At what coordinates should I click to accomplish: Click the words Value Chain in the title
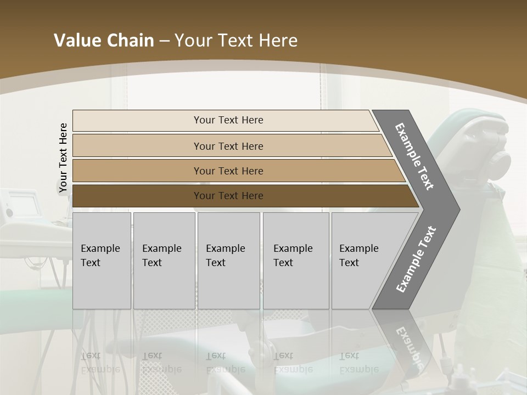(104, 41)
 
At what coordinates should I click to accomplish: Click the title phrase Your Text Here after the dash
(236, 41)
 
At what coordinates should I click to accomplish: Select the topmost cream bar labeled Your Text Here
(228, 120)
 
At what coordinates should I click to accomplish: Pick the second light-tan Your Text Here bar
(228, 146)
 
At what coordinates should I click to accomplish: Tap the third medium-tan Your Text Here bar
(228, 171)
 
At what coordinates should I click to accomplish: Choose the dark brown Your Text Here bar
(228, 196)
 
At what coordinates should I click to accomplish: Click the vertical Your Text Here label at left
(64, 158)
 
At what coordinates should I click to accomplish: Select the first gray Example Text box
(102, 261)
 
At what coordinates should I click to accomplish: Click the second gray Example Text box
(164, 261)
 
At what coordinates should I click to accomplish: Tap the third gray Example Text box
(228, 261)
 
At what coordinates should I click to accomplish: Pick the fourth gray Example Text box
(295, 261)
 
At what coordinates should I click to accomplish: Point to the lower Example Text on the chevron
(416, 259)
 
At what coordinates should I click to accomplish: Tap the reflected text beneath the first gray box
(100, 362)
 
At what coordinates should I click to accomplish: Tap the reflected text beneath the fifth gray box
(358, 362)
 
